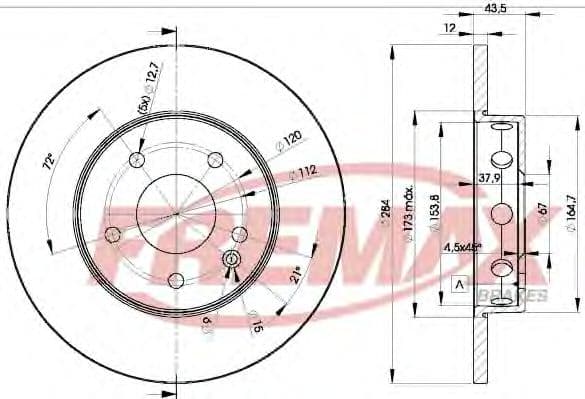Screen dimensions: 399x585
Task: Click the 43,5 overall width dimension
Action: [493, 9]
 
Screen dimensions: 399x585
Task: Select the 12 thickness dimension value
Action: [452, 29]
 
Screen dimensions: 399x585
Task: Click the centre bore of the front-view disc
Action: [176, 212]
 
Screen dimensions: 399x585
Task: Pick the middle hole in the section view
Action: [504, 213]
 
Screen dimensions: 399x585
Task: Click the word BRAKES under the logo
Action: [519, 295]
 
